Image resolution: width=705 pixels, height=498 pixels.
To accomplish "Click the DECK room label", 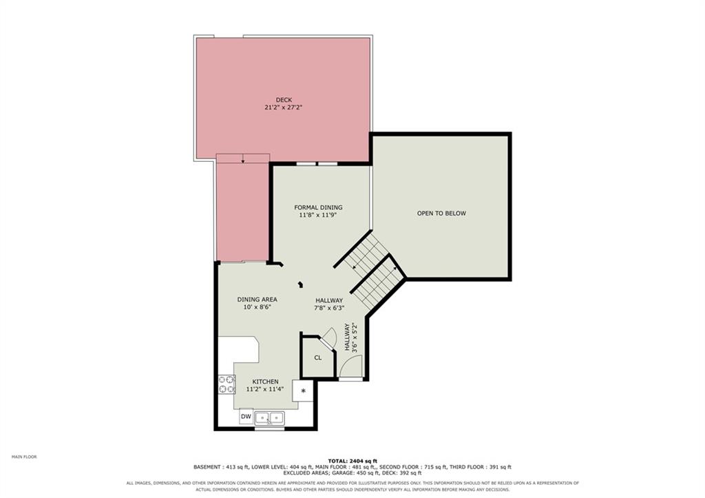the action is pyautogui.click(x=284, y=100).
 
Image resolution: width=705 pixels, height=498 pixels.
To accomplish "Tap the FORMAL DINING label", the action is pyautogui.click(x=318, y=207).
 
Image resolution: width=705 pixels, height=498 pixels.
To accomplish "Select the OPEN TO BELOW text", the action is pyautogui.click(x=441, y=214).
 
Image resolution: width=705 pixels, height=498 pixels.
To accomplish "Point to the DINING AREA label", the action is pyautogui.click(x=257, y=300).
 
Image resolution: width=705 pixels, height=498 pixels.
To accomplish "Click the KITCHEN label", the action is pyautogui.click(x=265, y=382).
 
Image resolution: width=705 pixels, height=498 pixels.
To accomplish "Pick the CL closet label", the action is pyautogui.click(x=318, y=357).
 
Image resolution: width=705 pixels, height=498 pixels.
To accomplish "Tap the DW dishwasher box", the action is pyautogui.click(x=246, y=417).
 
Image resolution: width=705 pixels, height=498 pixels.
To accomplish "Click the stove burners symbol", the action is pyautogui.click(x=227, y=384).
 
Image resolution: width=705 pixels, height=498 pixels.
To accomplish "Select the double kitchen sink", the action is pyautogui.click(x=269, y=418).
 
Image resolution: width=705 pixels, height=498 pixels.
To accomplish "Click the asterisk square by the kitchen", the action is pyautogui.click(x=303, y=391).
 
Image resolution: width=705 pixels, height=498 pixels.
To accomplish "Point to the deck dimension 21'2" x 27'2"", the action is pyautogui.click(x=284, y=107).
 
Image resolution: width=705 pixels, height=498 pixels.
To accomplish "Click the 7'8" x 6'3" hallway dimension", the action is pyautogui.click(x=328, y=308).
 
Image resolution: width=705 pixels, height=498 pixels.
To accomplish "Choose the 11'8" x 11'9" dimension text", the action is pyautogui.click(x=318, y=215).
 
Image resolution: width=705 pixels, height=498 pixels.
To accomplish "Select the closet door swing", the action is pyautogui.click(x=330, y=336).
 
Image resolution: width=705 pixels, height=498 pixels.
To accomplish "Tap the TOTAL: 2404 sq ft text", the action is pyautogui.click(x=352, y=461).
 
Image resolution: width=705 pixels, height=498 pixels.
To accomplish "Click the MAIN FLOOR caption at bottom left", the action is pyautogui.click(x=24, y=457).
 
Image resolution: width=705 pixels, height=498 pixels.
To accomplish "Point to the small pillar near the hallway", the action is pyautogui.click(x=301, y=284).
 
